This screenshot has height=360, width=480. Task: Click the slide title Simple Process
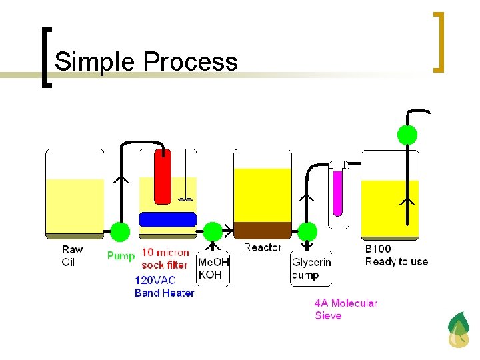(145, 61)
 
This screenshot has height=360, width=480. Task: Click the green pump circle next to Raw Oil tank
(120, 232)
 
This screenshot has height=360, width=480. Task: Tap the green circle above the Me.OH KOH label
(213, 232)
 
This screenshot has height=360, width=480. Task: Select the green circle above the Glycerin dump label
(307, 232)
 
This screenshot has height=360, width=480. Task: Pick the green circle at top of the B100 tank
(407, 135)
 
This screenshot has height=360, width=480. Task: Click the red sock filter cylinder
(163, 177)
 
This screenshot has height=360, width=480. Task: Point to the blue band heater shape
(167, 219)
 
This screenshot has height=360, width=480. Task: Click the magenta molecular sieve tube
(337, 193)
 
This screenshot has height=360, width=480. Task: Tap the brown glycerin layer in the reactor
(263, 229)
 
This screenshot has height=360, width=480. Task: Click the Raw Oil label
(72, 255)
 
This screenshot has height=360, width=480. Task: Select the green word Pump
(121, 255)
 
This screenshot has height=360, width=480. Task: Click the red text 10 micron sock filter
(165, 259)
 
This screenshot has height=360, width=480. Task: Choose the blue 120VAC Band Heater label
(164, 286)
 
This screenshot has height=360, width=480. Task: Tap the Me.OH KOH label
(213, 268)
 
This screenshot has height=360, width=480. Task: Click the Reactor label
(262, 247)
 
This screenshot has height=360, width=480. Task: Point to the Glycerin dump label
(311, 268)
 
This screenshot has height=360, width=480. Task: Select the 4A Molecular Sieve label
(345, 309)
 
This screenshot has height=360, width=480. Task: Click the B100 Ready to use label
(396, 255)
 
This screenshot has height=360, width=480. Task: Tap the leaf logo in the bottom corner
(458, 329)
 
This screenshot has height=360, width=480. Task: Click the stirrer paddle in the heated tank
(186, 198)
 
